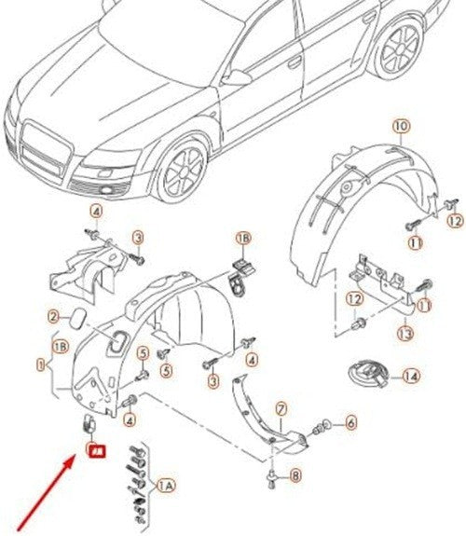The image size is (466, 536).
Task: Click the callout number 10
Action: [401, 125]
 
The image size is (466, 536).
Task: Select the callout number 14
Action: [411, 378]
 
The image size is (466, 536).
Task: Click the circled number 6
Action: [350, 422]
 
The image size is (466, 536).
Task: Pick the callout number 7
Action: [279, 408]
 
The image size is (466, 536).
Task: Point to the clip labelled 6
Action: [324, 427]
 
